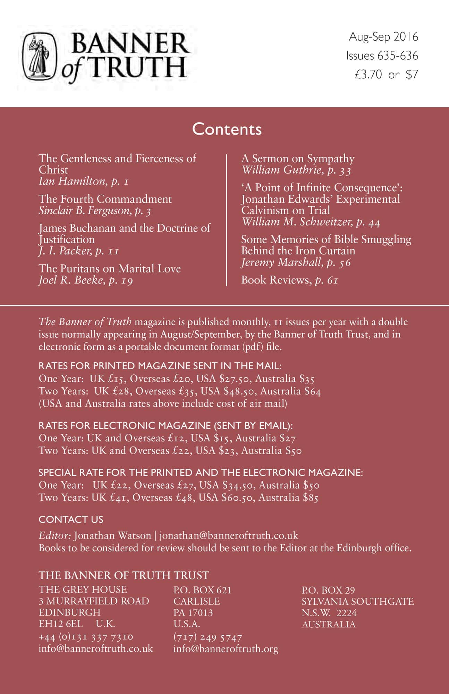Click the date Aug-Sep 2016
383,37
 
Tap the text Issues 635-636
382,56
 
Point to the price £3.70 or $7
386,74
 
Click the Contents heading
227,129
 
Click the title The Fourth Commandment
105,199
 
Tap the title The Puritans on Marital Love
110,268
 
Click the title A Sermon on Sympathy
298,159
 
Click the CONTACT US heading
71,519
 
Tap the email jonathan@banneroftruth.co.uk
229,535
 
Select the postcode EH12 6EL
61,624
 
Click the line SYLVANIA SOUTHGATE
357,601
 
